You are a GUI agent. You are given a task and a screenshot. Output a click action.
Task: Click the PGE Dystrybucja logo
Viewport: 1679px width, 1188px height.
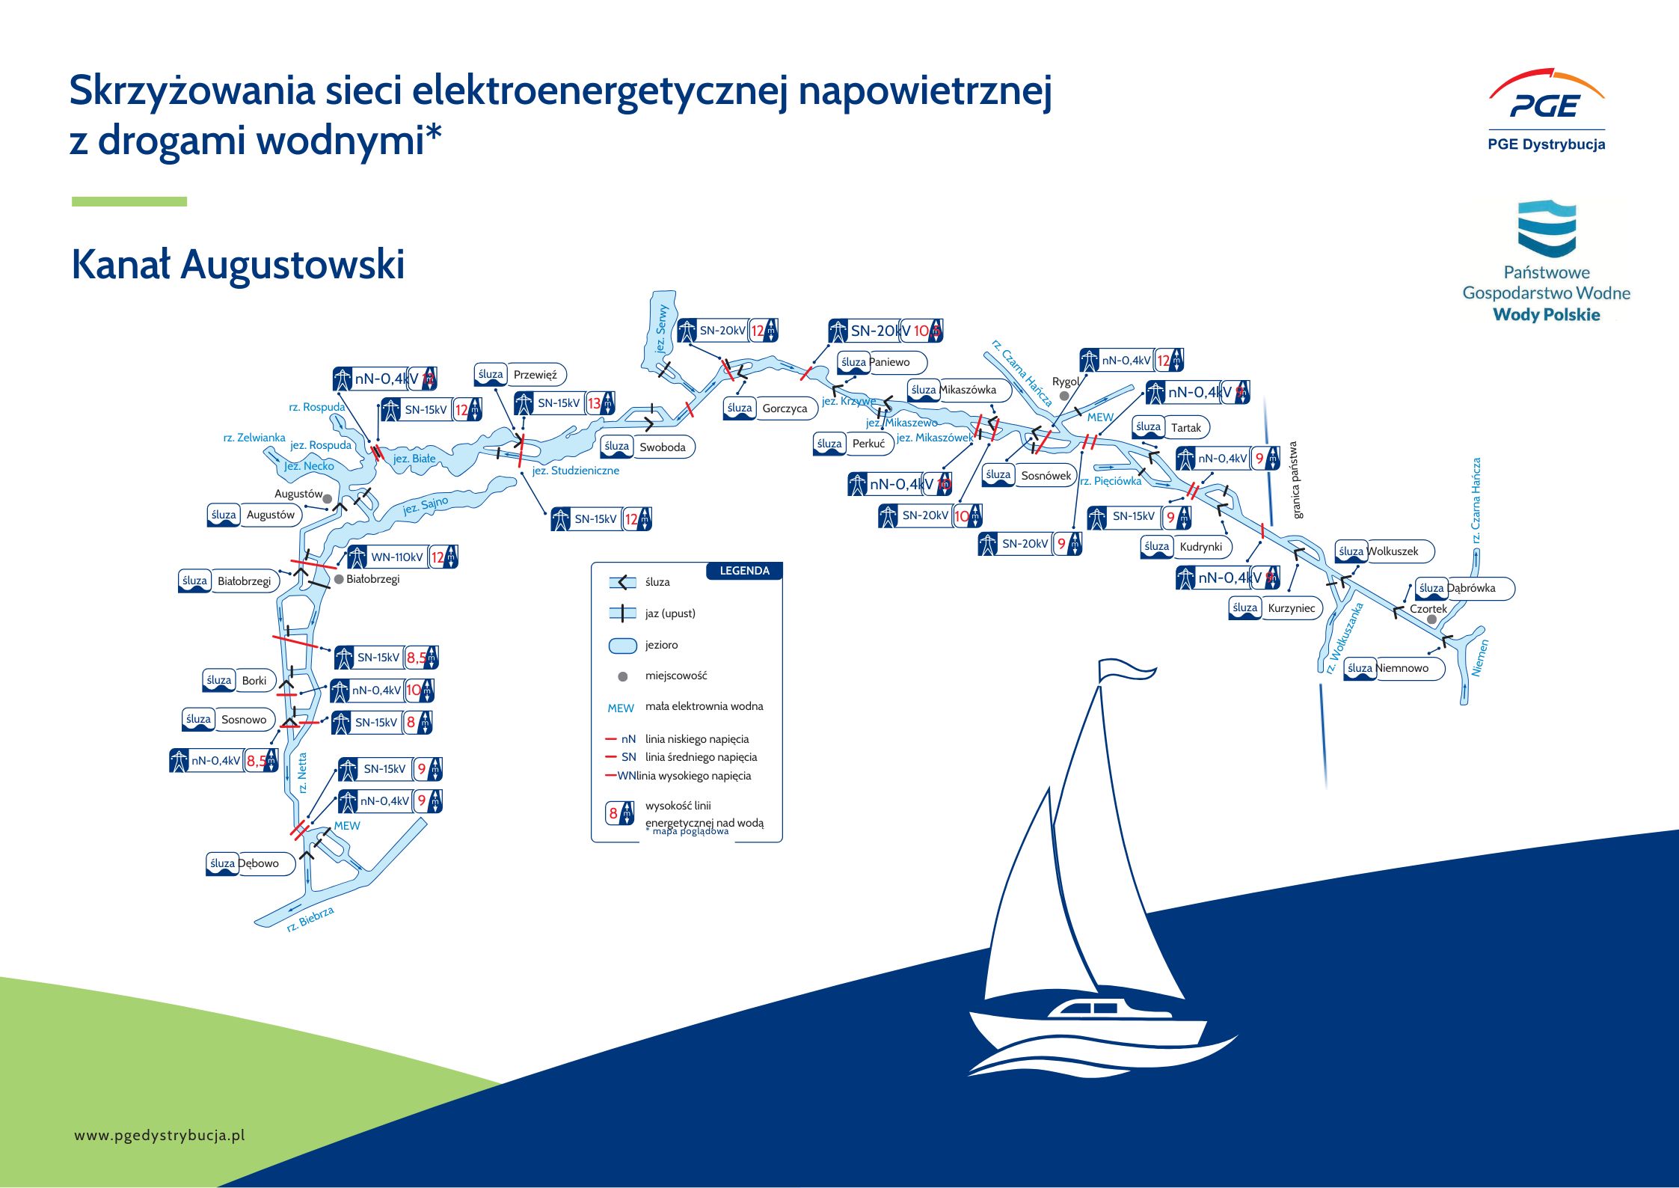pyautogui.click(x=1546, y=112)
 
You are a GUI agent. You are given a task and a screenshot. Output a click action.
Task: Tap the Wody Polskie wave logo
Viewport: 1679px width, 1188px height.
pyautogui.click(x=1547, y=228)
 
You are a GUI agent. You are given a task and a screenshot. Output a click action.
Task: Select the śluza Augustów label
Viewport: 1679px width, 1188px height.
pyautogui.click(x=254, y=515)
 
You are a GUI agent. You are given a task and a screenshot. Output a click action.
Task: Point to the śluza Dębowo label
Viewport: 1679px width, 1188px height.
pyautogui.click(x=250, y=863)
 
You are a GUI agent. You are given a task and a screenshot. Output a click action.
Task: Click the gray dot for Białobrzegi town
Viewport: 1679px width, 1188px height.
pyautogui.click(x=339, y=579)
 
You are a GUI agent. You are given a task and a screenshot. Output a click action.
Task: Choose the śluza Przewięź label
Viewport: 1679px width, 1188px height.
pyautogui.click(x=520, y=374)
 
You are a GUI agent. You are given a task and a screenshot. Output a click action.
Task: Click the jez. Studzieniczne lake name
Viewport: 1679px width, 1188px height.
pyautogui.click(x=575, y=471)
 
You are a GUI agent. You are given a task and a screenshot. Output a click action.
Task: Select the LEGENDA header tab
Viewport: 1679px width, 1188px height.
pyautogui.click(x=744, y=571)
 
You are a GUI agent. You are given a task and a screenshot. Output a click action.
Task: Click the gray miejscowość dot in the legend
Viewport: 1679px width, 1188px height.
pyautogui.click(x=622, y=676)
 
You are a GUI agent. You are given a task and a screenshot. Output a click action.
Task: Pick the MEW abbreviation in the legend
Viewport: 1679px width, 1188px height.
pyautogui.click(x=621, y=708)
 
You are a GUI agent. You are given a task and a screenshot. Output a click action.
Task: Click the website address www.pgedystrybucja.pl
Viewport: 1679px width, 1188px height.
pyautogui.click(x=159, y=1135)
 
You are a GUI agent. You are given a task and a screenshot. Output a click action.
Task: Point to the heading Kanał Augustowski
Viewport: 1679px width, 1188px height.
pyautogui.click(x=238, y=264)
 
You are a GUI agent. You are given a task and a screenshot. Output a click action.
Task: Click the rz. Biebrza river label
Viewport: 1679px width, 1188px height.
pyautogui.click(x=310, y=919)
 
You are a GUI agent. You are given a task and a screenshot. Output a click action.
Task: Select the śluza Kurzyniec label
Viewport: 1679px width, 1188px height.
pyautogui.click(x=1275, y=608)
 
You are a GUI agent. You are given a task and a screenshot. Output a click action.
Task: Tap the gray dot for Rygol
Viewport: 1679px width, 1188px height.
pyautogui.click(x=1063, y=396)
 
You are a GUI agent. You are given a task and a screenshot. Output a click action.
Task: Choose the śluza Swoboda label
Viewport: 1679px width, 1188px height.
pyautogui.click(x=648, y=447)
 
